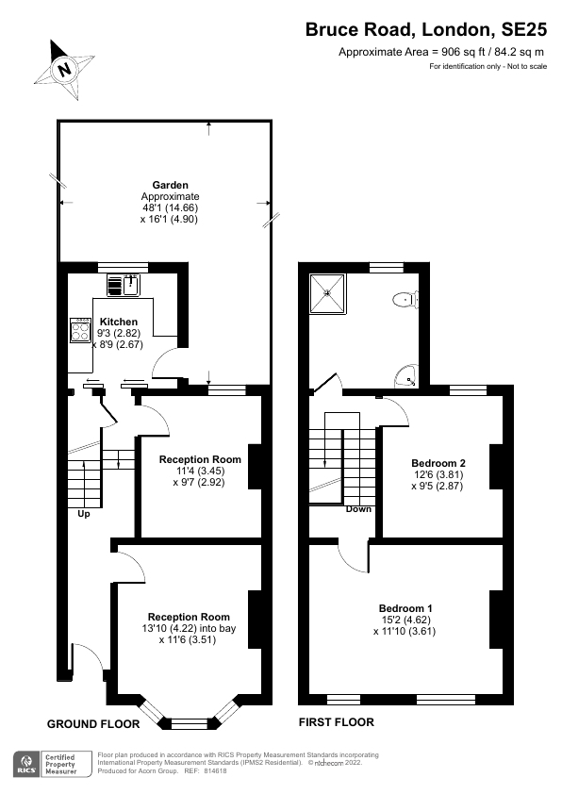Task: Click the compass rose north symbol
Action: [63, 68]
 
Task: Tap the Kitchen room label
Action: [119, 323]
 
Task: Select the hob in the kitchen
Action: [79, 332]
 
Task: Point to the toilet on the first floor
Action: [406, 300]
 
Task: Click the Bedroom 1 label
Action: [405, 608]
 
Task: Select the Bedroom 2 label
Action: [438, 463]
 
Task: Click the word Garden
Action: [172, 185]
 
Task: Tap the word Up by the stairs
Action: [84, 514]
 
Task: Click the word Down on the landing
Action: [358, 509]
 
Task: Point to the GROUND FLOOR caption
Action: [93, 724]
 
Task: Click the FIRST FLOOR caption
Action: [336, 722]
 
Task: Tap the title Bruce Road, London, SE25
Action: [427, 30]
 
